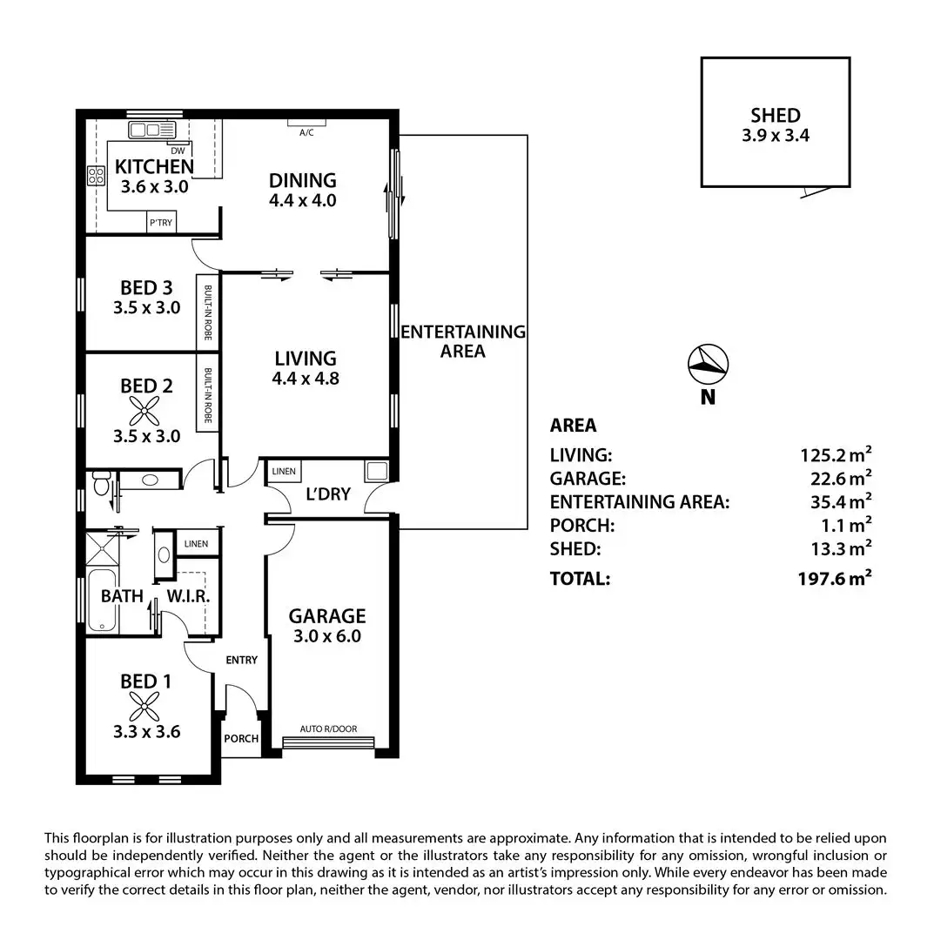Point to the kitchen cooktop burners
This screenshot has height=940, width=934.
pos(95,177)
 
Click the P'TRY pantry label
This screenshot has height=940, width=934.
pos(160,224)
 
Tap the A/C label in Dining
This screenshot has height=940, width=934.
pos(306,133)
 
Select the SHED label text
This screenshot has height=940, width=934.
pos(775,115)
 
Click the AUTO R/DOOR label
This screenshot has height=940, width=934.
pos(328,729)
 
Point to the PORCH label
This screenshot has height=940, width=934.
pos(241,739)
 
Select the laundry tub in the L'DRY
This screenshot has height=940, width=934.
pos(377,471)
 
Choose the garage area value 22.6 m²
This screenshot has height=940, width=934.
pos(836,479)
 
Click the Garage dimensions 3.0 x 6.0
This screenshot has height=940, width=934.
pos(327,636)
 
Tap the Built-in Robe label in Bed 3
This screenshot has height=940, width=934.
pos(209,312)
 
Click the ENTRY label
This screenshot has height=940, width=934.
pos(241,660)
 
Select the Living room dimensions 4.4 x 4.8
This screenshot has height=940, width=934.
pos(305,379)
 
